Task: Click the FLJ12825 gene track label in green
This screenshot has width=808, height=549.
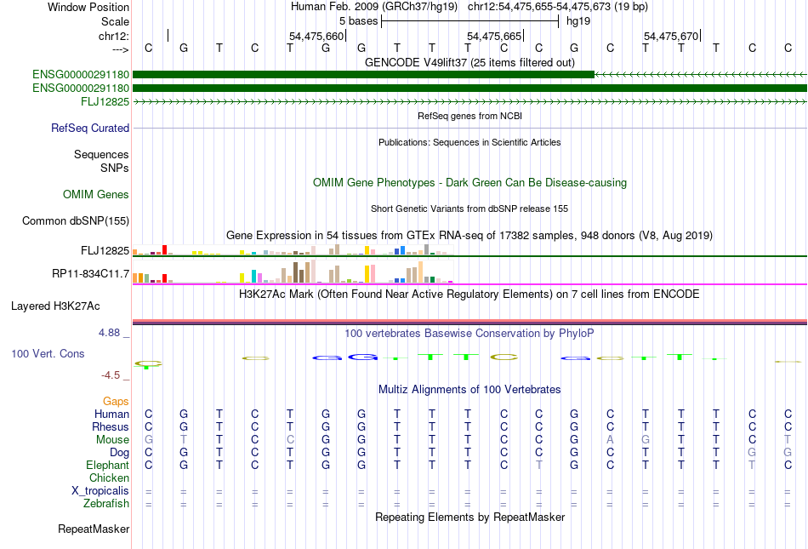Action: [105, 101]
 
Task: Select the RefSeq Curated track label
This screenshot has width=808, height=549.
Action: [90, 128]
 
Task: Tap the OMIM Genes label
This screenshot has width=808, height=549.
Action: [96, 195]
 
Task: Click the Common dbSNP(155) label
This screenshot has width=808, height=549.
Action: [75, 221]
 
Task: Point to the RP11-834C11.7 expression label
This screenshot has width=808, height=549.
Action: [90, 273]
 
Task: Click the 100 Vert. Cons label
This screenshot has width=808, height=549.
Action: [48, 353]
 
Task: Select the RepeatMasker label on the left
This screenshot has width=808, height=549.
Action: [94, 529]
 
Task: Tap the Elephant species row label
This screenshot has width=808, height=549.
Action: [107, 465]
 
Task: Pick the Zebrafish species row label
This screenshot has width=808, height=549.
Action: [105, 503]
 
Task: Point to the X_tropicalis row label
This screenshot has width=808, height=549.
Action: [100, 490]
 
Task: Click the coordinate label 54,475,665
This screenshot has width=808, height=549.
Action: [494, 36]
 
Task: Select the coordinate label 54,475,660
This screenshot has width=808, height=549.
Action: [316, 36]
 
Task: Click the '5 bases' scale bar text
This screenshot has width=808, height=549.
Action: [358, 20]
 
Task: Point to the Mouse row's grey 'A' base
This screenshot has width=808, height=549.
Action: [610, 439]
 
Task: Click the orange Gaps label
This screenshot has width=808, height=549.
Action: [116, 401]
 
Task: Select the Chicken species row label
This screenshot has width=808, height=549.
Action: [108, 478]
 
